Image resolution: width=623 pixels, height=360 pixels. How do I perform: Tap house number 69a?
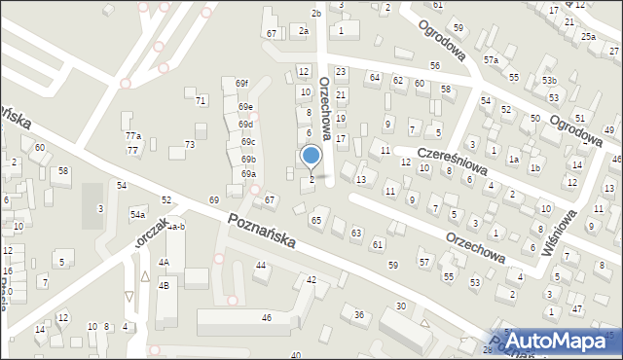pos(248,174)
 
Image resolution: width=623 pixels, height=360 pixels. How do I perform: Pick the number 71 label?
pos(201,100)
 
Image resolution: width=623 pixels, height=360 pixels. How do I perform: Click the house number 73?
pos(190,144)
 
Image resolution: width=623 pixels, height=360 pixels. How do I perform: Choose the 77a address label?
pos(132,136)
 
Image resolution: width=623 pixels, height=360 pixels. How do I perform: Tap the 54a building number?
pos(138,213)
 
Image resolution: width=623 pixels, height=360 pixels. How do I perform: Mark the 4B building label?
pos(165,285)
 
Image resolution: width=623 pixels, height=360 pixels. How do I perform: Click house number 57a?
pos(492,60)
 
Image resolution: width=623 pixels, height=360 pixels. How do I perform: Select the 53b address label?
pos(550,80)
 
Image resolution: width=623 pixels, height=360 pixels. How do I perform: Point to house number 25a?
pos(589,36)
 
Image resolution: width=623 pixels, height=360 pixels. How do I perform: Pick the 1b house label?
pos(535,167)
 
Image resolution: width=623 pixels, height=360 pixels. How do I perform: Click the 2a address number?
pos(304,31)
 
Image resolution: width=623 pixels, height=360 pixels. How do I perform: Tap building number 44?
pos(261,266)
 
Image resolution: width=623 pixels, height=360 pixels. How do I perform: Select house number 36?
pos(358,314)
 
